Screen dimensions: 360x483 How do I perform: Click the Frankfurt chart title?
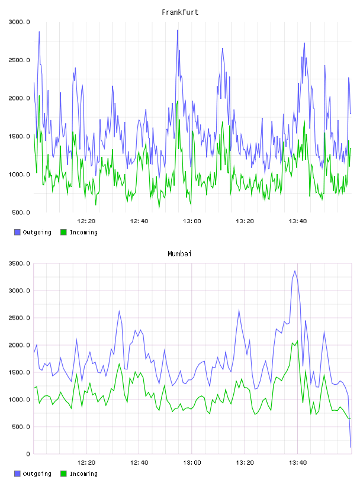(180, 12)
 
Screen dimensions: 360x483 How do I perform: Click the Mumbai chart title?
(179, 254)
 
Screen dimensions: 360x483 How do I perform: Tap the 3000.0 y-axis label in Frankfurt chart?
(19, 22)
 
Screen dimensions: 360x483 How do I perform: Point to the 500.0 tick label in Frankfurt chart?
(21, 212)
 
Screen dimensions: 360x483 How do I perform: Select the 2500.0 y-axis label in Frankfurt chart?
(19, 60)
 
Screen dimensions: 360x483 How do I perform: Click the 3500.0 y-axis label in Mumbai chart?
(19, 263)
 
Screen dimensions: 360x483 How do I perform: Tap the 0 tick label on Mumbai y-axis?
(28, 454)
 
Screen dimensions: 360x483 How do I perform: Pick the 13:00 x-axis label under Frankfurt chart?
(192, 221)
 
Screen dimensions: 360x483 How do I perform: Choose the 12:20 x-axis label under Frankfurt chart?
(86, 221)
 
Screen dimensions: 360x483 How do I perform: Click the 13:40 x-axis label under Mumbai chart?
(297, 463)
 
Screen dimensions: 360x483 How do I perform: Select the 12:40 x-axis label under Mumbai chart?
(139, 463)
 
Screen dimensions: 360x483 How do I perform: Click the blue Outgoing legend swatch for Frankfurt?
(17, 232)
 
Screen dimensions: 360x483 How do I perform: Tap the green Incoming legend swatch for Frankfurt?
(63, 232)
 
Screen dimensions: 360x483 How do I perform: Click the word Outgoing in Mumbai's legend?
(37, 474)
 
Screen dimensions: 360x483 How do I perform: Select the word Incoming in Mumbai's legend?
(83, 474)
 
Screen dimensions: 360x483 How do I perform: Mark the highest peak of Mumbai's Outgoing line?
(295, 271)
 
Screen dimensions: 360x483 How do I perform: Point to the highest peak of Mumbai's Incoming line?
(297, 341)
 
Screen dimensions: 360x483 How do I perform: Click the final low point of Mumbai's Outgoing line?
(351, 447)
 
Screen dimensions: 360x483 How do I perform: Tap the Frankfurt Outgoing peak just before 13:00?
(178, 30)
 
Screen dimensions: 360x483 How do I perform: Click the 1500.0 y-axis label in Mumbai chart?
(19, 372)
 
